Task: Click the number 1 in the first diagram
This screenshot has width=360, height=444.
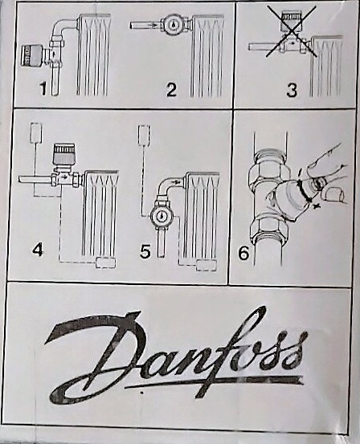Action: [x=43, y=88]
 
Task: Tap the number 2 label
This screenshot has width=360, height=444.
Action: [x=171, y=89]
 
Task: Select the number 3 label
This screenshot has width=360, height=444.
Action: [x=292, y=90]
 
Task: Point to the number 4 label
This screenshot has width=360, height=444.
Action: [x=38, y=250]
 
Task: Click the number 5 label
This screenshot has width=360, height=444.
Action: [x=145, y=251]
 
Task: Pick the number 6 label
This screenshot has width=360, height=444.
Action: [x=243, y=252]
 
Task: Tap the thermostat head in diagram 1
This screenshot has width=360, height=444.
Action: [x=33, y=55]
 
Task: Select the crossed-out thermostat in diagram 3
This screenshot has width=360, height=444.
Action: [x=291, y=32]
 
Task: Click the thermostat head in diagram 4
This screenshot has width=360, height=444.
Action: [x=64, y=156]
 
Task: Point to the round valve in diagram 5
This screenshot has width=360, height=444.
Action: [x=161, y=216]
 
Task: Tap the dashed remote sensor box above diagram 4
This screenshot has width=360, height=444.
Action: [x=36, y=132]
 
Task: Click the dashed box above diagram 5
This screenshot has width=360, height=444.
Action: [x=144, y=135]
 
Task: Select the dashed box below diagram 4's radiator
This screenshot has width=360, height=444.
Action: [x=105, y=263]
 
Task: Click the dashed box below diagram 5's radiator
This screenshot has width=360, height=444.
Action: [x=207, y=266]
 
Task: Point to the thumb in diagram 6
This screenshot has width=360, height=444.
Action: [x=333, y=194]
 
